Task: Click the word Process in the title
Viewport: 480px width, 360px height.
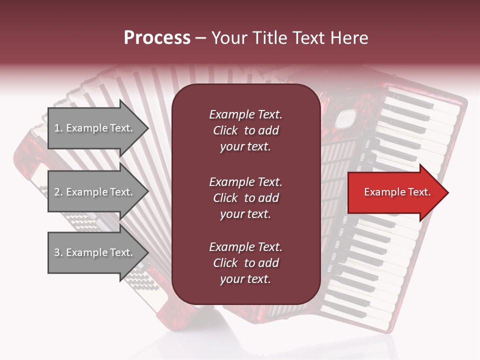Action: [x=157, y=38]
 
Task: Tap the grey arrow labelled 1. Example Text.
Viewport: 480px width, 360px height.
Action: [x=95, y=128]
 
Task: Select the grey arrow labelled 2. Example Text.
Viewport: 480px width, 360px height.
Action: [x=95, y=192]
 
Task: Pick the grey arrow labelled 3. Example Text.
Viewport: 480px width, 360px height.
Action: [x=95, y=252]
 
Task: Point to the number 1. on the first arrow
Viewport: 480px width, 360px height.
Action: [x=58, y=128]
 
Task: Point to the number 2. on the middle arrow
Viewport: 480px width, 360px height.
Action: [x=58, y=192]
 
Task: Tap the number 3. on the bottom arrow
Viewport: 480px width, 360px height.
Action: [x=58, y=252]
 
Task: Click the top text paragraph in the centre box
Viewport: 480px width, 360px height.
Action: [x=245, y=130]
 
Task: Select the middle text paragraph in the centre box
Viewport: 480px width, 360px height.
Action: [x=245, y=198]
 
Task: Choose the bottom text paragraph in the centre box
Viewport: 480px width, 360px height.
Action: [x=245, y=263]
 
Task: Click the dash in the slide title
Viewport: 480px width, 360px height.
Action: [x=200, y=38]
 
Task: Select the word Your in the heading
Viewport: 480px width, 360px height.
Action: [x=228, y=38]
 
